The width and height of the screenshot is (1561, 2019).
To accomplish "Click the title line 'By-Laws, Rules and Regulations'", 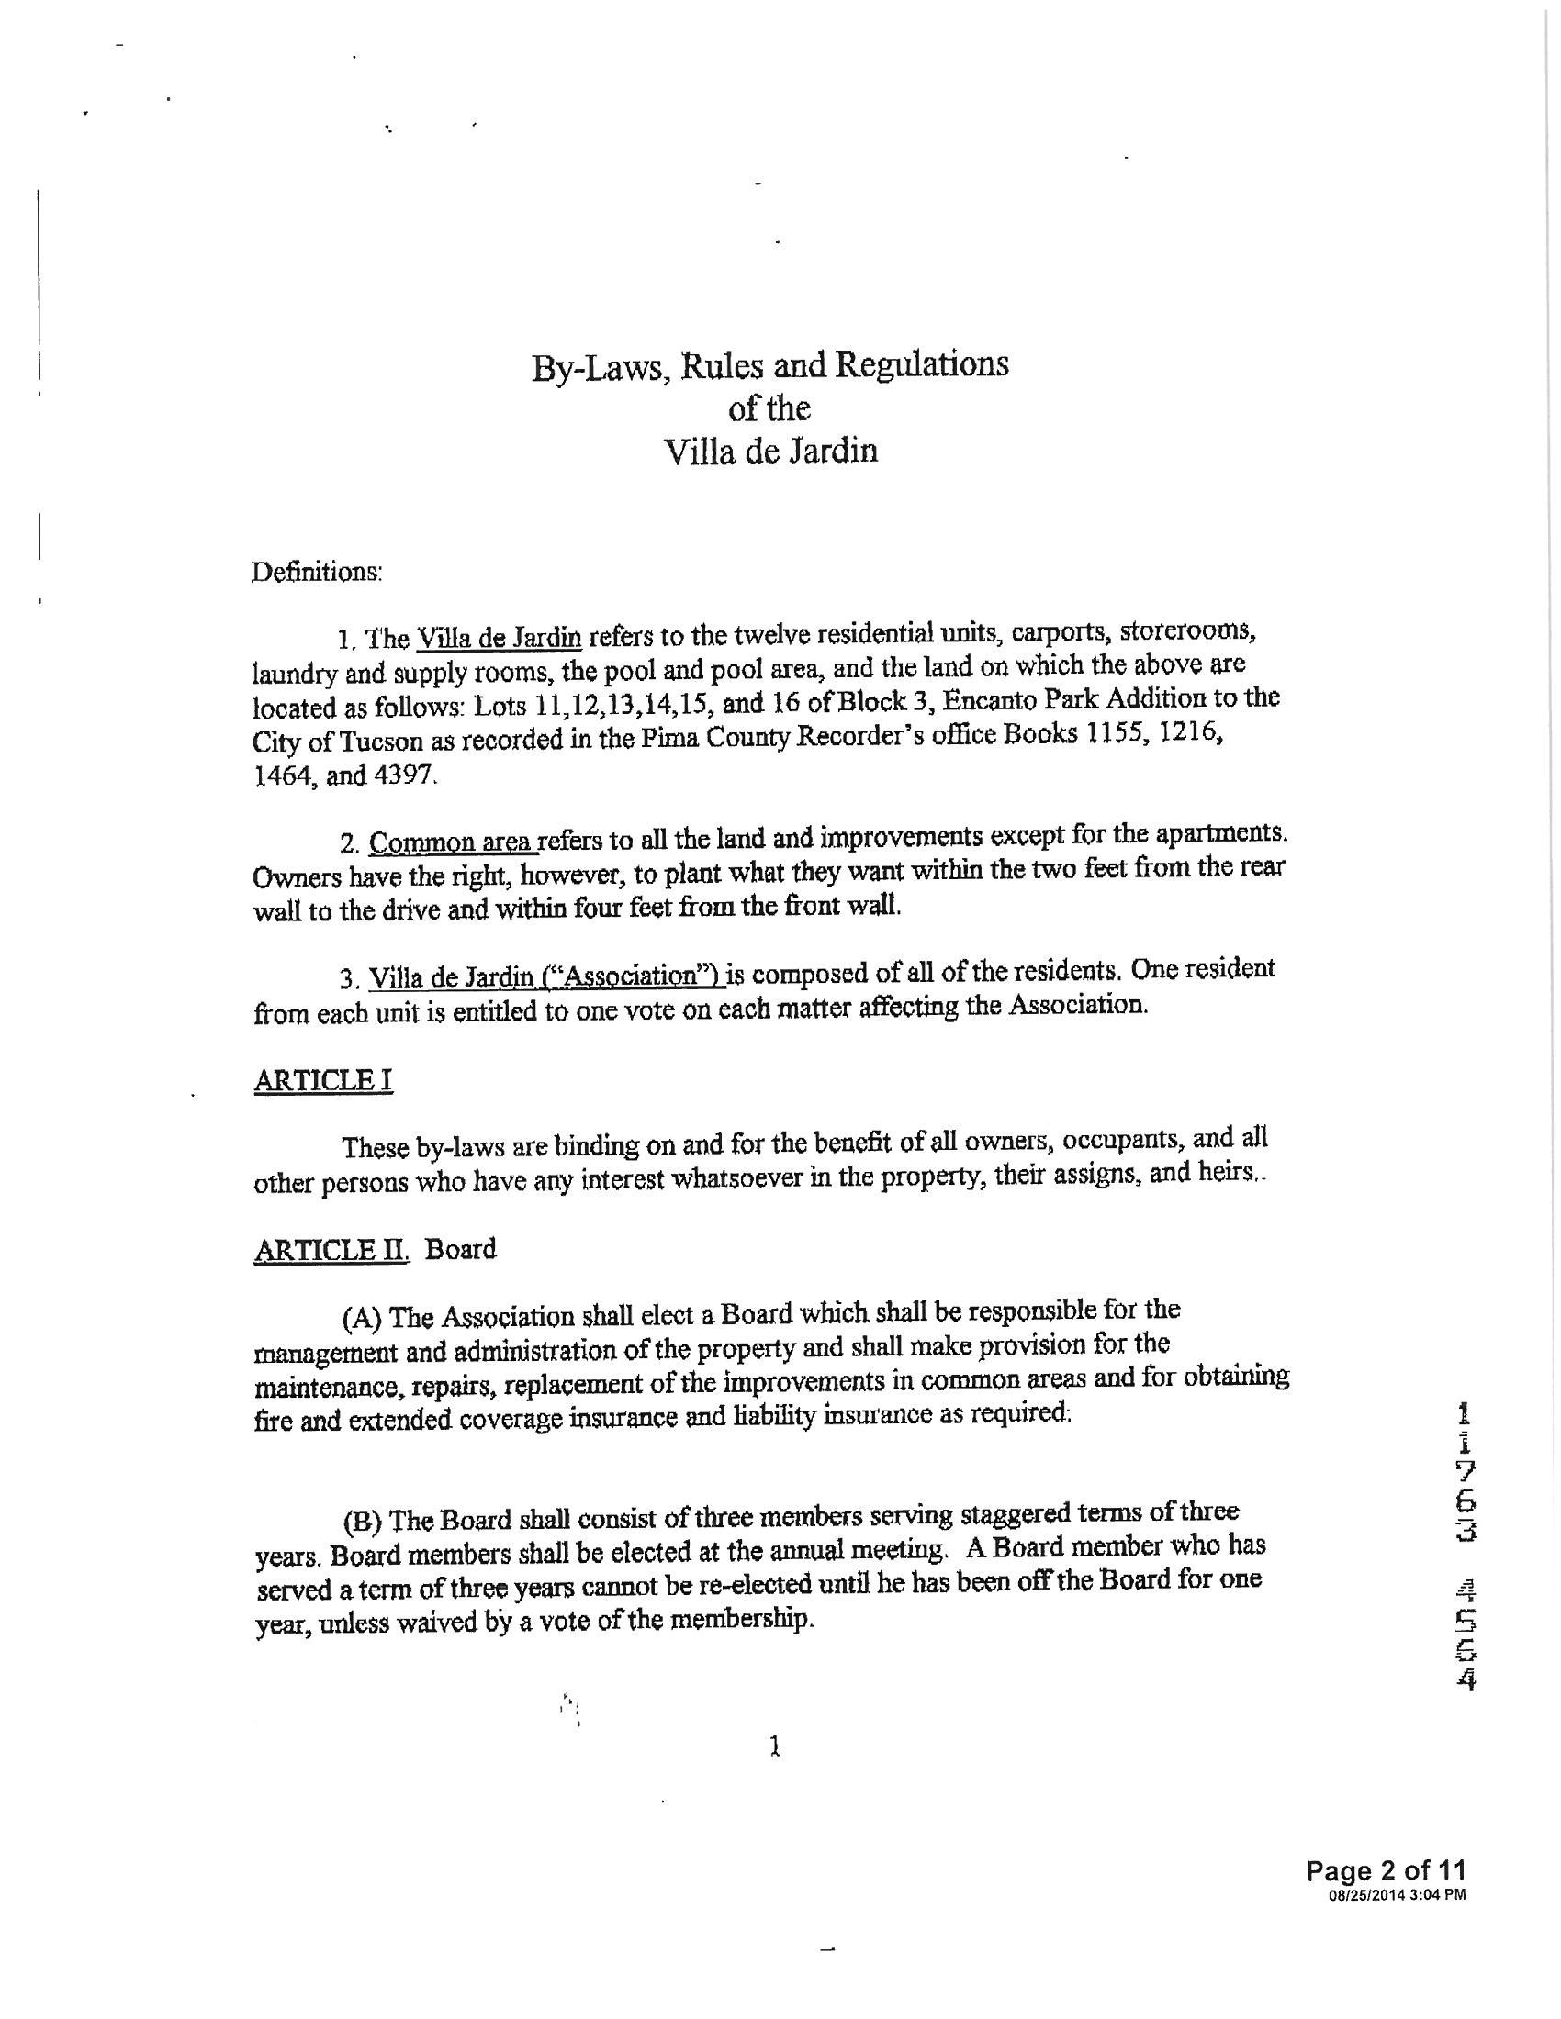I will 769,366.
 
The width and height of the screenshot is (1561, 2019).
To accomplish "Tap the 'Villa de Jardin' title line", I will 770,452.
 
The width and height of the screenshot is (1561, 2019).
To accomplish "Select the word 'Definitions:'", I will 316,573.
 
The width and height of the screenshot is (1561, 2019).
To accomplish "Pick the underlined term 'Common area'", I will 450,842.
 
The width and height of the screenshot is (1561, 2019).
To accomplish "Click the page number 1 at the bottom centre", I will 775,1746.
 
